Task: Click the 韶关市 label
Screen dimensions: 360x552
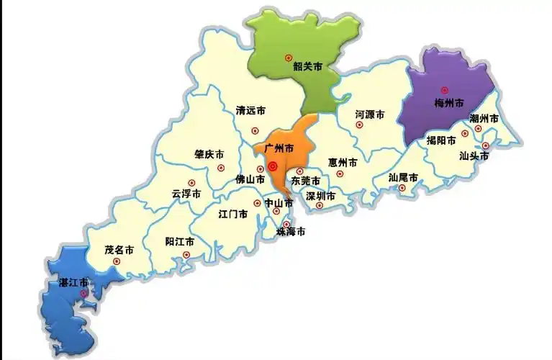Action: [307, 67]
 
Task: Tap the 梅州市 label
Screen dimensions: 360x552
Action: [450, 103]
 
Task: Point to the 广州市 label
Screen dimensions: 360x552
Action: [279, 148]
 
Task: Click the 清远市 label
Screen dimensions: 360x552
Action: [250, 111]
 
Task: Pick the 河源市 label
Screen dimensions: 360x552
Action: [369, 114]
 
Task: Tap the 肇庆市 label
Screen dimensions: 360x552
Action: [209, 155]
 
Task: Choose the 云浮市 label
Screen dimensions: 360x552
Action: [186, 194]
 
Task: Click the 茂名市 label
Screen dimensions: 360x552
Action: [119, 251]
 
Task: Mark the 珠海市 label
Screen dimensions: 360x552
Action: [291, 232]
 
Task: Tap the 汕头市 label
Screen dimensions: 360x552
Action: [474, 155]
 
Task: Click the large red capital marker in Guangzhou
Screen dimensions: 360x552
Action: [273, 166]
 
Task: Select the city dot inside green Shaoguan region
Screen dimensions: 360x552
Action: [288, 57]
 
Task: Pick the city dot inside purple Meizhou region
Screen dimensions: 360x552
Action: [445, 90]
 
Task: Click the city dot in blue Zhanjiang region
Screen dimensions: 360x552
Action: [84, 294]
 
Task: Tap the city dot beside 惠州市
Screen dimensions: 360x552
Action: [340, 174]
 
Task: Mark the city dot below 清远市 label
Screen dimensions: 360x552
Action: [255, 130]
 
